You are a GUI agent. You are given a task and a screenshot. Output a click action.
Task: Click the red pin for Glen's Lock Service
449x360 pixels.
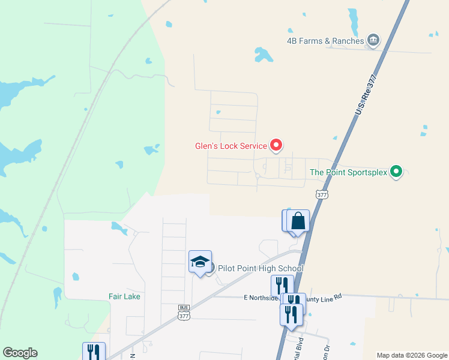point(276,145)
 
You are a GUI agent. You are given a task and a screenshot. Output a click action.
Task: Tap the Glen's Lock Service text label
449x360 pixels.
point(231,146)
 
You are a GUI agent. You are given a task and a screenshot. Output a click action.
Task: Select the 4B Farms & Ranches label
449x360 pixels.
point(325,41)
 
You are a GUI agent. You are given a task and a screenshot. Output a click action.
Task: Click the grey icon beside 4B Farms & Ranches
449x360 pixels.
point(373,40)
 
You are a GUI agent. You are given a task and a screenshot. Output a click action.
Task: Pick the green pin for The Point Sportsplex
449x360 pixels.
point(396,172)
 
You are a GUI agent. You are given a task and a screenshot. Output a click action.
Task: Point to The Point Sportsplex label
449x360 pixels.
point(348,172)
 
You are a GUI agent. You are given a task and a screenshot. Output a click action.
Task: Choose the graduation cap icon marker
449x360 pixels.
point(200,262)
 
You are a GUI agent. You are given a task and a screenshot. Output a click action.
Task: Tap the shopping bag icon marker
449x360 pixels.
point(298,221)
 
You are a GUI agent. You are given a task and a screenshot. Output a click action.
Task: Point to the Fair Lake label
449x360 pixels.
point(124,296)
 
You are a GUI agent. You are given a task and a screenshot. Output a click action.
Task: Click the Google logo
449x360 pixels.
point(20,353)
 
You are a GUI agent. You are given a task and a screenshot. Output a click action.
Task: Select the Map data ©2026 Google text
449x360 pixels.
point(412,355)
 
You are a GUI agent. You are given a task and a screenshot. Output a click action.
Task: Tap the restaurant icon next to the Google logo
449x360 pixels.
point(94,352)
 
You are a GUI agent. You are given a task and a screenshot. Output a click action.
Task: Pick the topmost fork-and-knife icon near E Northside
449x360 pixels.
point(282,285)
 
